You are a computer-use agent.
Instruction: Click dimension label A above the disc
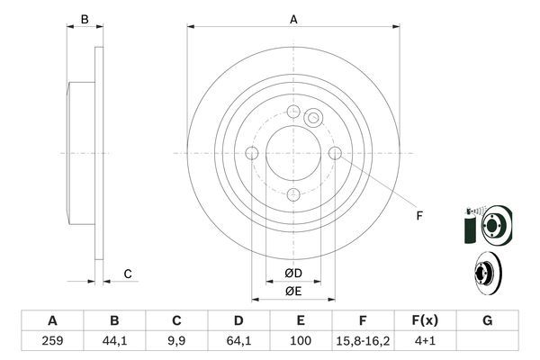point(293,19)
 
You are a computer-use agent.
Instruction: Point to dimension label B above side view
point(84,19)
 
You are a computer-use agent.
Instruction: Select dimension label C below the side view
point(128,274)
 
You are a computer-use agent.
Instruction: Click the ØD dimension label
point(293,273)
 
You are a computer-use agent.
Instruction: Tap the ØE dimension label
point(293,291)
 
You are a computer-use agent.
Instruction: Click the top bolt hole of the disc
point(293,112)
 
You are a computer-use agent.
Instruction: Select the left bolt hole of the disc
point(252,154)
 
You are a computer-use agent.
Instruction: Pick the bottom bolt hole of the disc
point(293,195)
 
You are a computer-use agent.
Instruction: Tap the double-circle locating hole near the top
point(313,117)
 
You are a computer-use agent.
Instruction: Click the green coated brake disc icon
point(487,223)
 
